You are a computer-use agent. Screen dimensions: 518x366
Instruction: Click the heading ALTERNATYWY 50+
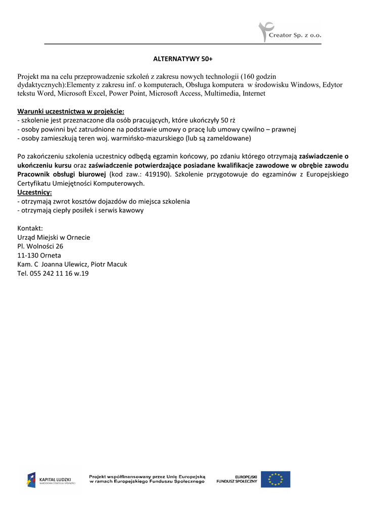(x=183, y=60)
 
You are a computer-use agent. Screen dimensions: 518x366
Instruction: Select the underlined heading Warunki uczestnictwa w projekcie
(x=71, y=111)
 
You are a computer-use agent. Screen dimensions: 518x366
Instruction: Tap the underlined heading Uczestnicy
(x=34, y=192)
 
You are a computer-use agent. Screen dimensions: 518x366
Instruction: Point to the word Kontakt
(x=30, y=228)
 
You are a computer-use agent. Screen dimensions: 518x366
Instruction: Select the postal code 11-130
(x=27, y=255)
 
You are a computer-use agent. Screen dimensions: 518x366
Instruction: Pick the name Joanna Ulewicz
(x=65, y=265)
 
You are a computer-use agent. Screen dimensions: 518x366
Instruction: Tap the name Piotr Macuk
(x=109, y=265)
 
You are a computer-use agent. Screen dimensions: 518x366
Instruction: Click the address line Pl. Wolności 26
(x=40, y=246)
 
